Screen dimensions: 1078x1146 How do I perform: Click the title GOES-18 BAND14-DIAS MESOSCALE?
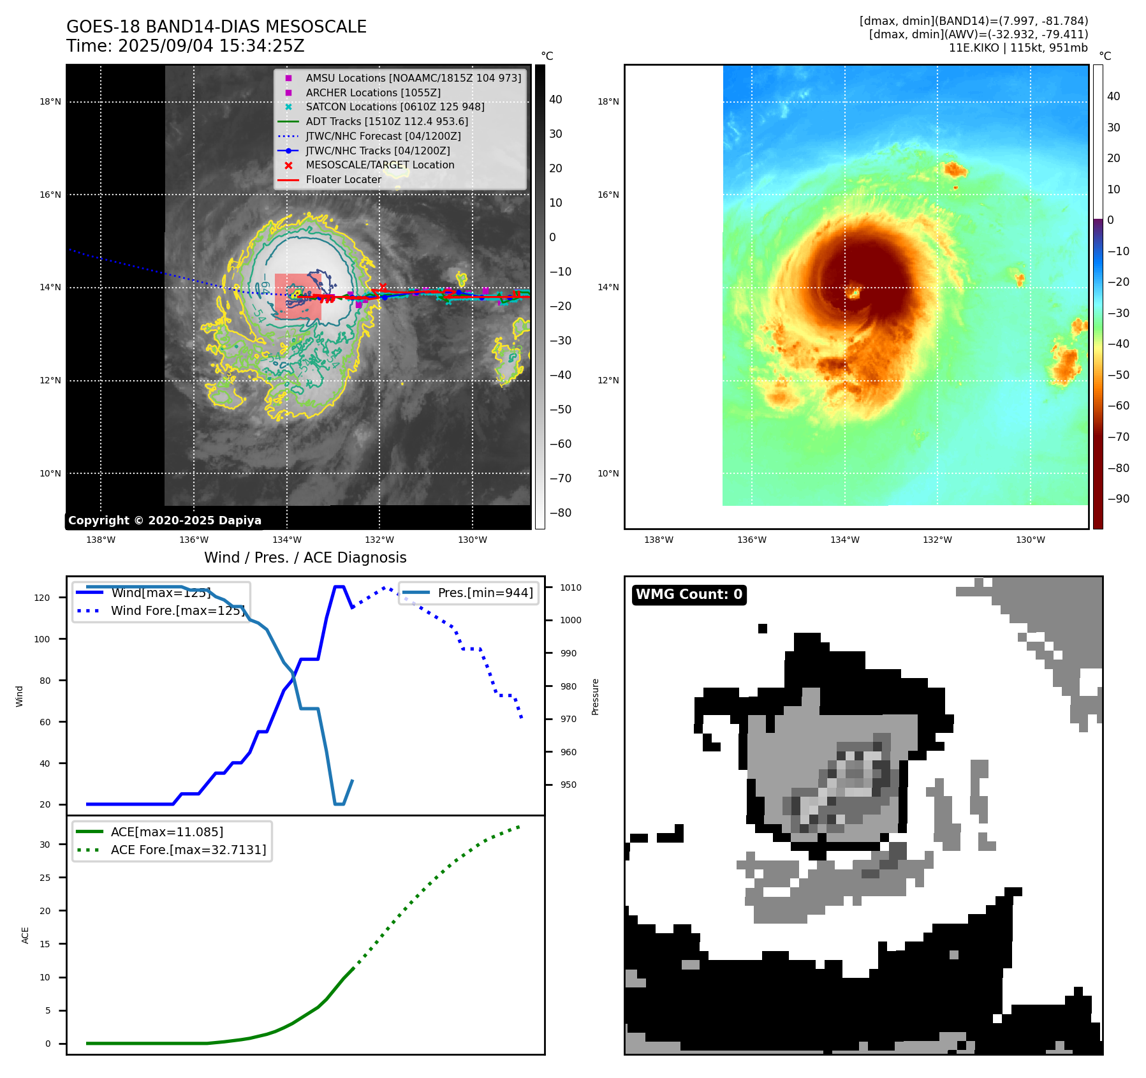(x=216, y=27)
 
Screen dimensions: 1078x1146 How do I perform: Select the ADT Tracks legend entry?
(x=386, y=121)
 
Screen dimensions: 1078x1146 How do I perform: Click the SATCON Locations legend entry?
(x=395, y=107)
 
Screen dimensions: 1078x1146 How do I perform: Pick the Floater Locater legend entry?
(x=343, y=179)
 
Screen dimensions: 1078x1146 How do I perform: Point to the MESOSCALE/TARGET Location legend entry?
(x=380, y=165)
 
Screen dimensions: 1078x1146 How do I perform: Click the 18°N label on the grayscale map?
(x=50, y=101)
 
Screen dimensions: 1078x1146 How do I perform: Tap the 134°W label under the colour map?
(x=844, y=540)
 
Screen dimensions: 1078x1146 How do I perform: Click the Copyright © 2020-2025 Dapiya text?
(x=165, y=521)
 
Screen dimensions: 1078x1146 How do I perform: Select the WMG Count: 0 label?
(x=689, y=594)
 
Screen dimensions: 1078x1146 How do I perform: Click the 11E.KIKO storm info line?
(x=1018, y=48)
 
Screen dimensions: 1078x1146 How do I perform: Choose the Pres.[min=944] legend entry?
(x=485, y=593)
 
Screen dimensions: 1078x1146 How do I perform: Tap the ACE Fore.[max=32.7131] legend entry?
(x=188, y=850)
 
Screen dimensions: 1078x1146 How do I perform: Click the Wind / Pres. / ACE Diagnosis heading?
(x=305, y=557)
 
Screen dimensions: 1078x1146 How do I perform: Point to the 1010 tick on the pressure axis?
(x=571, y=587)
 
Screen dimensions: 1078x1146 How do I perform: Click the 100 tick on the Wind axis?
(x=42, y=639)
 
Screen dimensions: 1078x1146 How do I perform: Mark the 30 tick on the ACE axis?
(x=45, y=845)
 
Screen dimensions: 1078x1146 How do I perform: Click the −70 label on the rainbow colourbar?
(x=1118, y=437)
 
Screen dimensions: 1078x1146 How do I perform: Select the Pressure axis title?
(x=595, y=697)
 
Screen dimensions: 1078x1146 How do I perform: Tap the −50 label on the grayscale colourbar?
(x=560, y=410)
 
